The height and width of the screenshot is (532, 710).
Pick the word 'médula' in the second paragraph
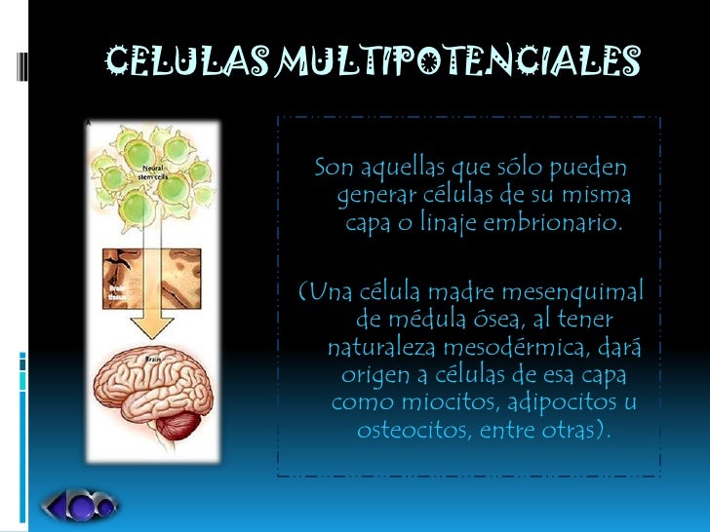coord(430,320)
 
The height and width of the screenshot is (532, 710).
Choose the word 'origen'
coord(376,375)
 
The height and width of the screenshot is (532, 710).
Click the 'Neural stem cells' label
coord(150,173)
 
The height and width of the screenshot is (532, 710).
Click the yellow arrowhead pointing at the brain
coord(147,327)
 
